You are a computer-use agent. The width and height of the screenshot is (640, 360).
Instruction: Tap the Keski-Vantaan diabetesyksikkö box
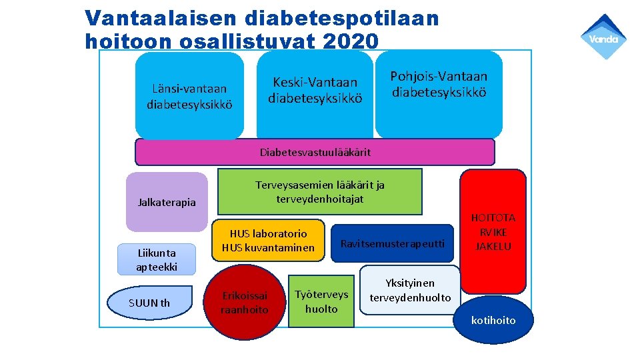coord(315,91)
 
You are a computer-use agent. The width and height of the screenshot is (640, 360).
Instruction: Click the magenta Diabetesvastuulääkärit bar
coord(315,152)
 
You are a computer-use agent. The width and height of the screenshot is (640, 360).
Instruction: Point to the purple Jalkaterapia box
coord(167,202)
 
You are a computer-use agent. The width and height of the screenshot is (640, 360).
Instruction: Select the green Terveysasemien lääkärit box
coord(320,192)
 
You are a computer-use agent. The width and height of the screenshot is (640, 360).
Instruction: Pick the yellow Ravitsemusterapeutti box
coord(392,243)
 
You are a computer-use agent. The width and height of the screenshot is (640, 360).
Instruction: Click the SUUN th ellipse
coord(149,303)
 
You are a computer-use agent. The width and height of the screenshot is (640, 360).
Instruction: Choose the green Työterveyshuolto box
coord(321,302)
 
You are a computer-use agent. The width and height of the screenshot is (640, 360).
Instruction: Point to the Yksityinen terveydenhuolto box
coord(410,290)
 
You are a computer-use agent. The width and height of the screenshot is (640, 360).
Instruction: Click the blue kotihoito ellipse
coord(493,321)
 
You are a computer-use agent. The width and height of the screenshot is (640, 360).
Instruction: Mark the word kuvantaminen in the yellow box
coord(283,248)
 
